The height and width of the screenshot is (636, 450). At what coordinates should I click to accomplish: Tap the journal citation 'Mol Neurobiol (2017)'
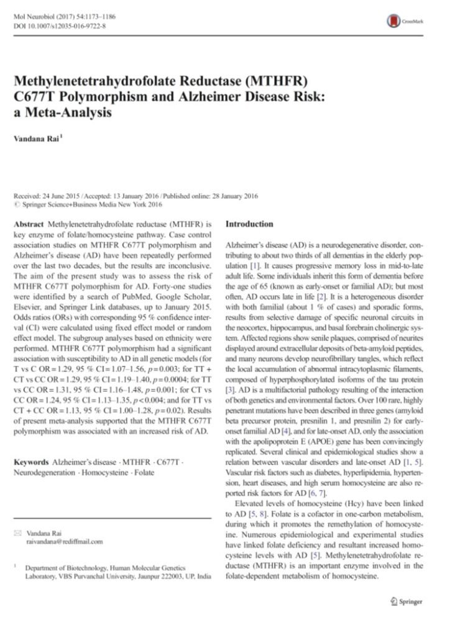44,15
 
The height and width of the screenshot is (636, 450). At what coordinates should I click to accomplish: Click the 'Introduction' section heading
249,224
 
